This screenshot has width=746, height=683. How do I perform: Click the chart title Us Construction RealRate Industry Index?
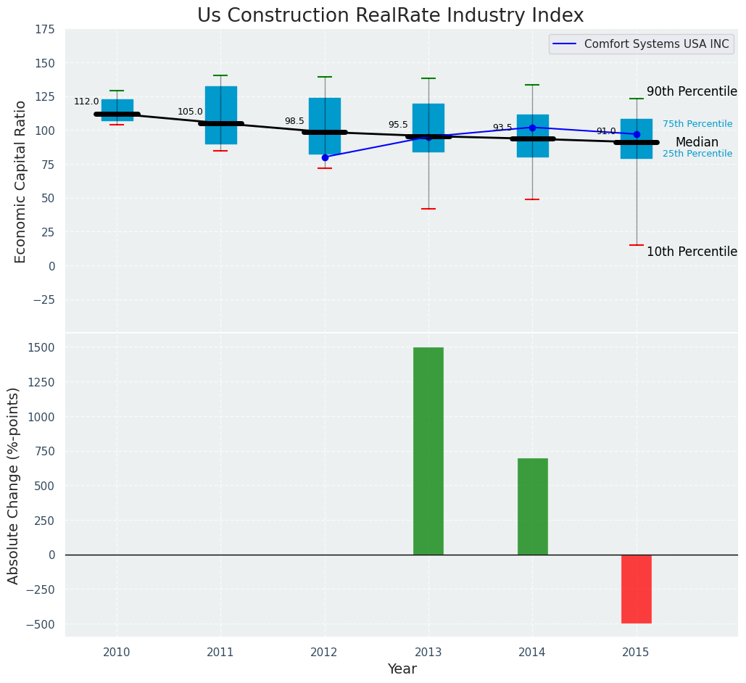click(x=390, y=16)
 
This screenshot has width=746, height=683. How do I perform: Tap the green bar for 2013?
click(x=428, y=451)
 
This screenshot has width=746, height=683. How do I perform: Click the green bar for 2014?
click(x=532, y=506)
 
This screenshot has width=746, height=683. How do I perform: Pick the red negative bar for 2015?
click(x=637, y=589)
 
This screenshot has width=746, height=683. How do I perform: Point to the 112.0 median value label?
click(x=86, y=102)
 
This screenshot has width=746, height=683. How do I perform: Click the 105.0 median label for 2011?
click(x=190, y=112)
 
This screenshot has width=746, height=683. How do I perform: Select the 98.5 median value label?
click(x=294, y=121)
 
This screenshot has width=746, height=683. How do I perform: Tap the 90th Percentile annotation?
click(x=692, y=92)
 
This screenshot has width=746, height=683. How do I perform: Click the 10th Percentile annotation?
click(x=692, y=252)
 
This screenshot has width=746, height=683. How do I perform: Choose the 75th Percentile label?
click(x=697, y=124)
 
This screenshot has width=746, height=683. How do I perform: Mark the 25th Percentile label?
click(x=697, y=154)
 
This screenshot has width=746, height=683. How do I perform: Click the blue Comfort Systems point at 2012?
click(x=325, y=157)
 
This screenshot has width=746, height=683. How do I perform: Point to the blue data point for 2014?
click(x=532, y=128)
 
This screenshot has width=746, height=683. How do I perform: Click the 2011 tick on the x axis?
click(x=220, y=653)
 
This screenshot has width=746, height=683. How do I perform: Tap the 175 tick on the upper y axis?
click(x=45, y=29)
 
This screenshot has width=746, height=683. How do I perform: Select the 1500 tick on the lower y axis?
click(x=41, y=347)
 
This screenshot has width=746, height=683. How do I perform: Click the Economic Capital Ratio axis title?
click(x=20, y=181)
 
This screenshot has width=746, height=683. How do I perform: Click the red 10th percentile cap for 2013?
click(x=428, y=209)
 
